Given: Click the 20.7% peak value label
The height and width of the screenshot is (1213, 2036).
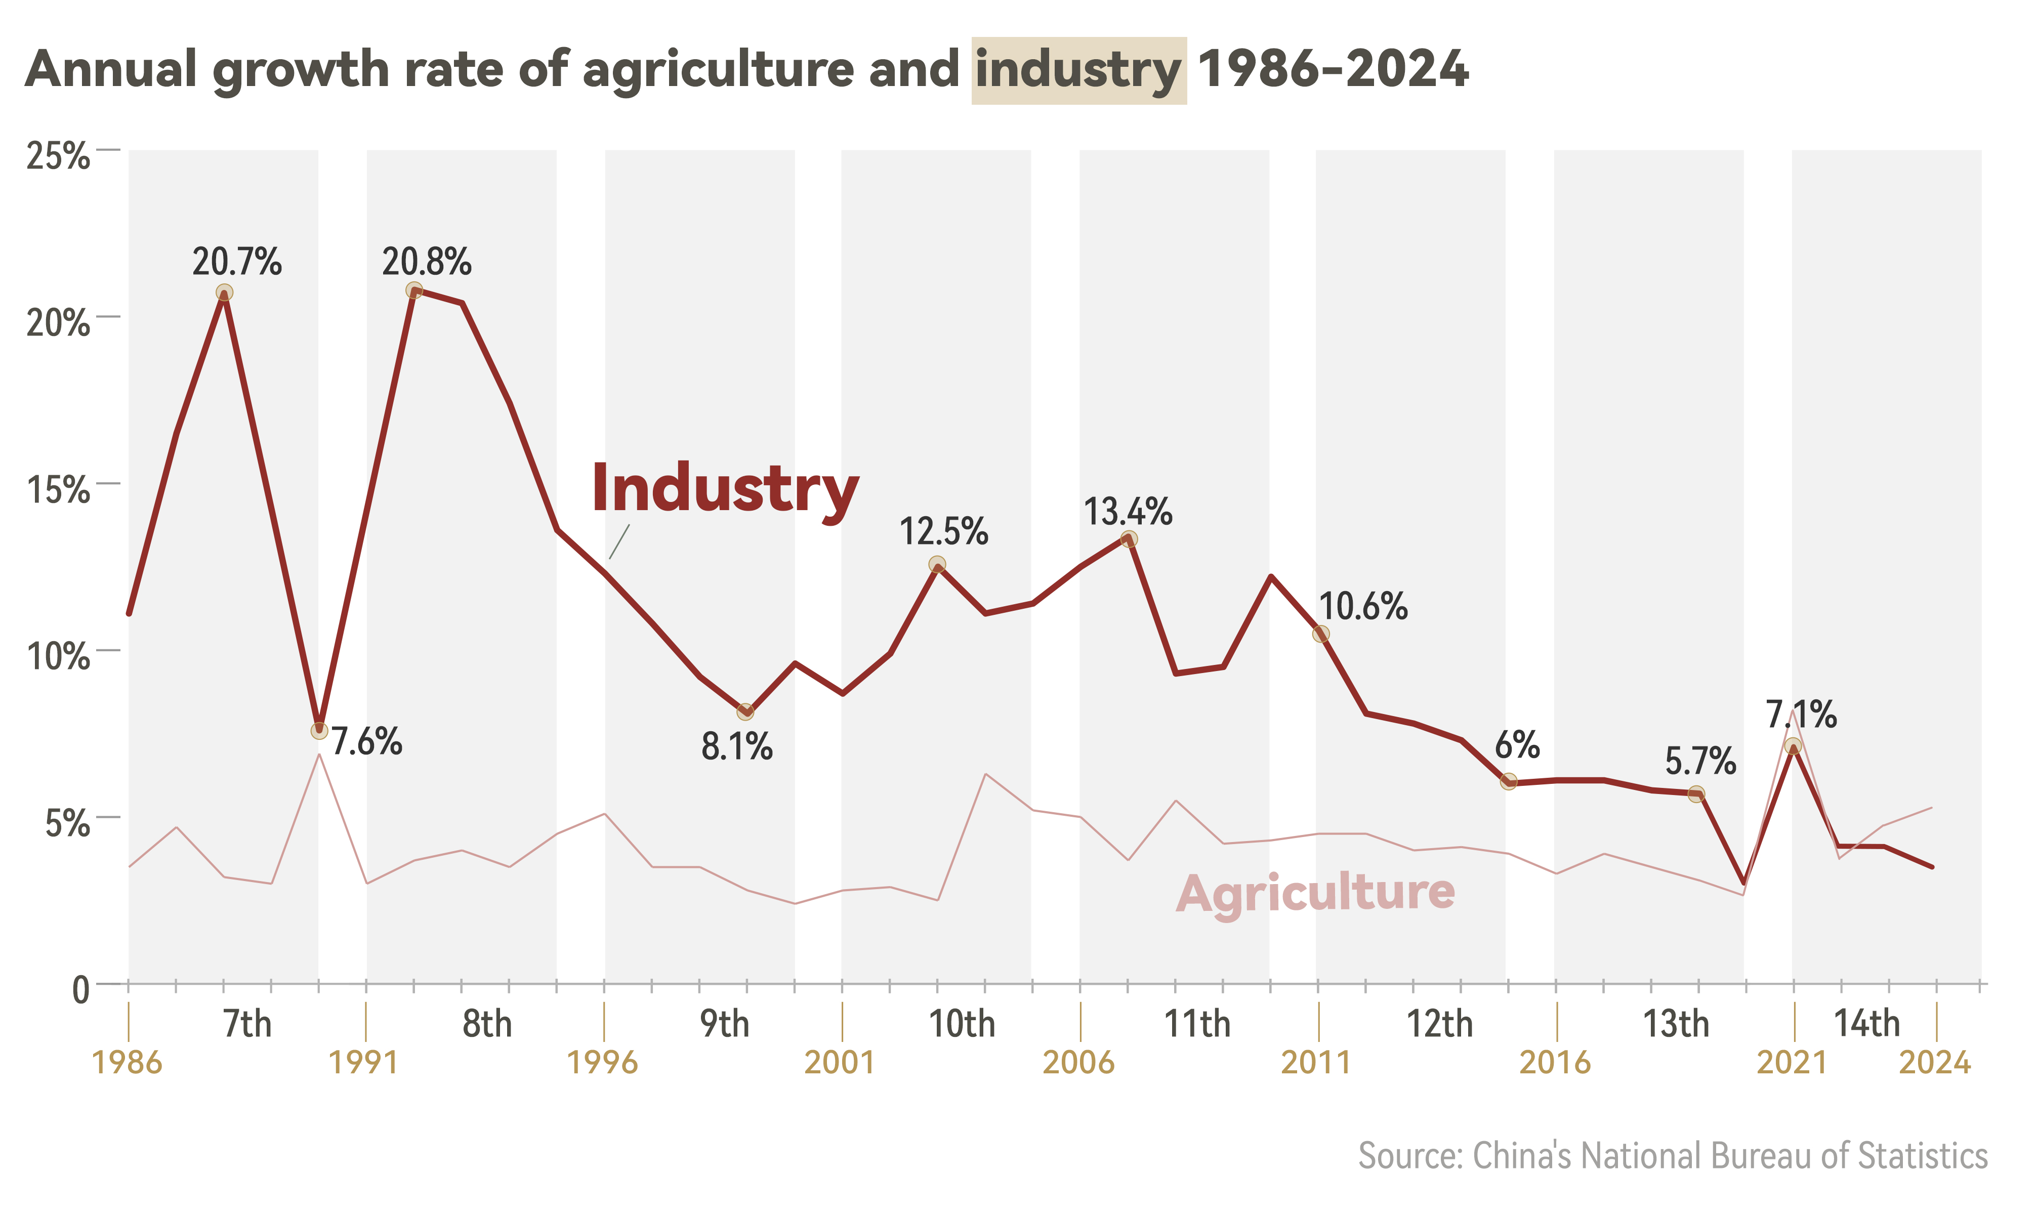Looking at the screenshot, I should tap(237, 262).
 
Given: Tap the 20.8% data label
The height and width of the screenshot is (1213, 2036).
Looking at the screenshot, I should tap(427, 262).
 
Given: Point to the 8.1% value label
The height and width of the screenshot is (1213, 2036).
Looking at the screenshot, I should tap(736, 747).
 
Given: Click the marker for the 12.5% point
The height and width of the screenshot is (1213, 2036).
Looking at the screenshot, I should tap(937, 564).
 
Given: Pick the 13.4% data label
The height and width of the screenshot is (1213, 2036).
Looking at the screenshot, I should tap(1128, 513).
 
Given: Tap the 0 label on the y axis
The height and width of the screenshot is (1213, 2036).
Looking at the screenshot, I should tap(80, 990).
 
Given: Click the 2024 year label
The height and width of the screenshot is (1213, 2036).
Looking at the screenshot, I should tap(1935, 1063).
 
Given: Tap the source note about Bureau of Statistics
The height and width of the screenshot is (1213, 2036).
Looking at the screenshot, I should tap(1672, 1156).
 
